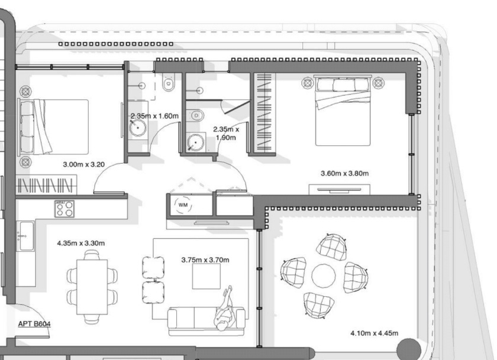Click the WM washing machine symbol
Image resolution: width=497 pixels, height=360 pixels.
[183, 205]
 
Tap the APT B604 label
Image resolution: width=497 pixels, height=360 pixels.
[34, 324]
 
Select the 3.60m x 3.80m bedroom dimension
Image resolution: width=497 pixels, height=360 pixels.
[344, 173]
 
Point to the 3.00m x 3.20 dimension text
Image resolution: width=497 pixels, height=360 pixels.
[83, 164]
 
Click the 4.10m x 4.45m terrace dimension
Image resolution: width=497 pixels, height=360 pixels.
[375, 333]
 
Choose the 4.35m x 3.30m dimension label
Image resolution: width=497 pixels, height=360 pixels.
[81, 243]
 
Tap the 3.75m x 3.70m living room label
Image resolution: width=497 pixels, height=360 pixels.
[205, 260]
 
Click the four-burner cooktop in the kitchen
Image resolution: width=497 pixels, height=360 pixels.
[64, 209]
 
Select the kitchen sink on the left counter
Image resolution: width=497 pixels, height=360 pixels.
[25, 236]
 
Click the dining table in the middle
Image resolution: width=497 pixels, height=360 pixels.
[92, 287]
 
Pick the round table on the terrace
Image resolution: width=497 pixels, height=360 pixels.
[323, 275]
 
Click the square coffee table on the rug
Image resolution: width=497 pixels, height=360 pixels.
[206, 276]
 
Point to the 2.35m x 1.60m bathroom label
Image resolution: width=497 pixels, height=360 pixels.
[154, 116]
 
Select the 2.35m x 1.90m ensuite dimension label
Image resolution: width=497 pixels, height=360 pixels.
[226, 133]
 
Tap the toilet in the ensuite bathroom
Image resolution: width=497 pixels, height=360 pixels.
[195, 115]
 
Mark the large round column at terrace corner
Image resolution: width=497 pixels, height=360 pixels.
[409, 349]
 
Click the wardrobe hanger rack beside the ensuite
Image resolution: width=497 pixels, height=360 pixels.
[264, 112]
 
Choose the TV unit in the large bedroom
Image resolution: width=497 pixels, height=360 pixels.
[339, 190]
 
